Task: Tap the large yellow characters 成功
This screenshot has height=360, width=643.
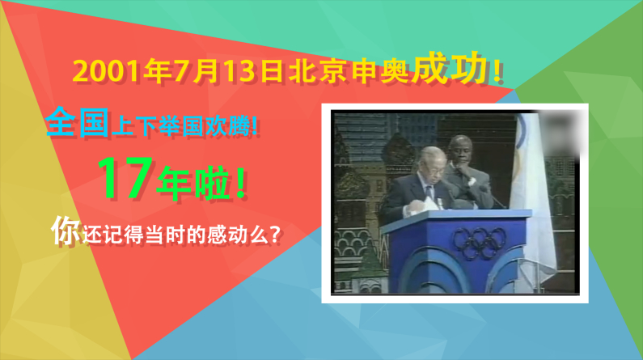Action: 451,68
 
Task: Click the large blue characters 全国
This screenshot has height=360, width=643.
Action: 77,122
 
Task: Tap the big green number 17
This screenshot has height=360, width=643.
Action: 125,177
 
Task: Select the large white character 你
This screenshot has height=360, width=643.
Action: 66,231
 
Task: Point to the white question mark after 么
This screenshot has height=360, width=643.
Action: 276,235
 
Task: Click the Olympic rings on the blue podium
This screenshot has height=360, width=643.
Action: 479,243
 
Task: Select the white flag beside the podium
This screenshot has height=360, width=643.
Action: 531,197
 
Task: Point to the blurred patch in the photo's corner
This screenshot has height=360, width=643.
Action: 560,132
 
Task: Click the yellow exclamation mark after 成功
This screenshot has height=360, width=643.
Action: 497,71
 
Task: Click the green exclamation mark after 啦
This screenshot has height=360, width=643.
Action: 241,184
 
